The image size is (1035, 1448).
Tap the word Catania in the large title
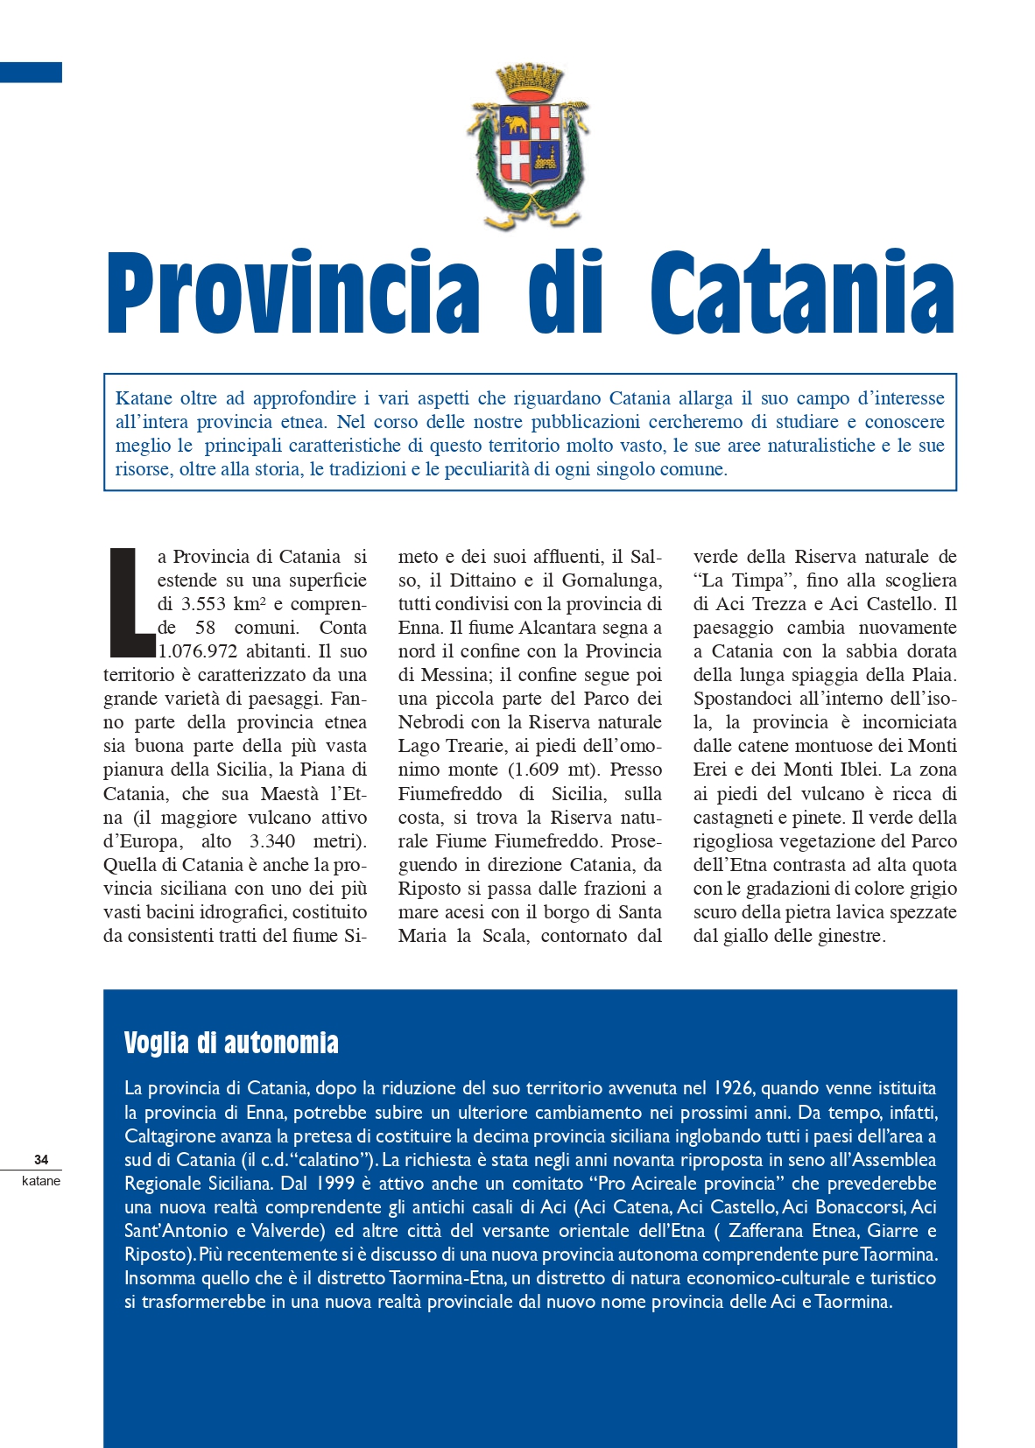(x=802, y=292)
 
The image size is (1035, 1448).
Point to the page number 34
(x=41, y=1160)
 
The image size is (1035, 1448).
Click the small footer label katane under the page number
(x=41, y=1181)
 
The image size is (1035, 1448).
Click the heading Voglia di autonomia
(x=231, y=1043)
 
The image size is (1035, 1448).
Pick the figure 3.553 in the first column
(x=203, y=604)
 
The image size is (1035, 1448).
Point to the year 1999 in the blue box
(x=331, y=1184)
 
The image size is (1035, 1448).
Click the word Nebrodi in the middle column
(x=431, y=722)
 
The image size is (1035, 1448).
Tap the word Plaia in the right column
(x=932, y=675)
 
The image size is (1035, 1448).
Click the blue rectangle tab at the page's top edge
(x=31, y=72)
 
